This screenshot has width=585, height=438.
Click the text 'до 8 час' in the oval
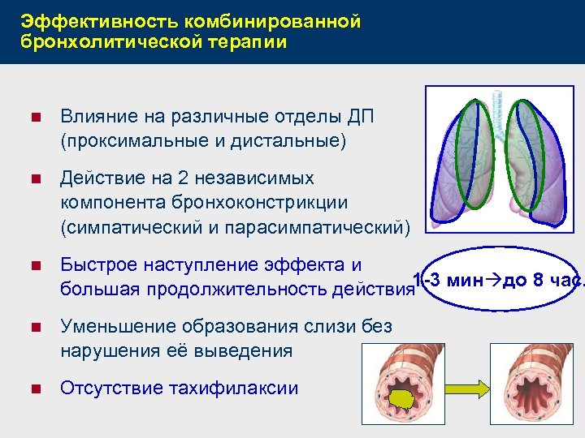535,281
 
